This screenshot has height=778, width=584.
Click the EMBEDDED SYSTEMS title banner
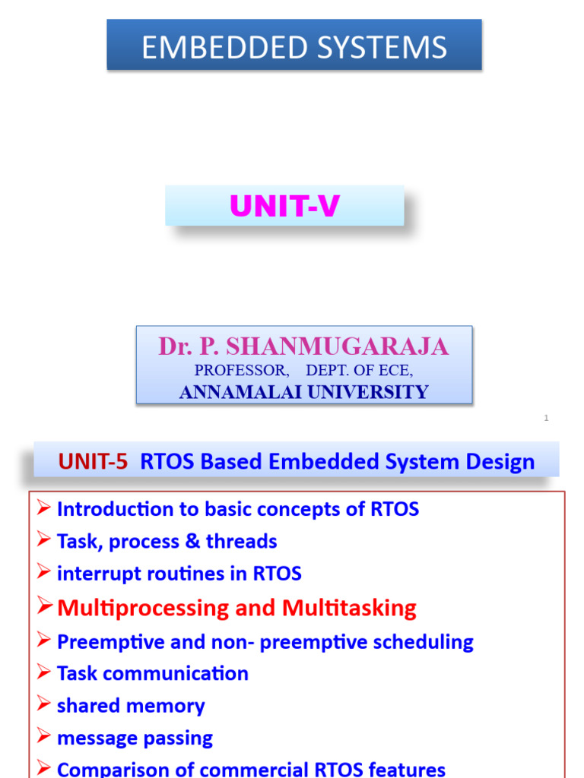pyautogui.click(x=294, y=47)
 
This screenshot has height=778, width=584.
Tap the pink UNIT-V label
pyautogui.click(x=284, y=207)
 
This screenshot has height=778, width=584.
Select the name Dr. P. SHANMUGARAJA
pyautogui.click(x=303, y=347)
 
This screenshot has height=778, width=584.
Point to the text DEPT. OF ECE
pyautogui.click(x=360, y=371)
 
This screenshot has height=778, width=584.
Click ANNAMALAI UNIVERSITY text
pyautogui.click(x=303, y=392)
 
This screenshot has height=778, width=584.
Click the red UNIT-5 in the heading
pyautogui.click(x=93, y=461)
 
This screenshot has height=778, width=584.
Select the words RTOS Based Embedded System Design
pyautogui.click(x=337, y=461)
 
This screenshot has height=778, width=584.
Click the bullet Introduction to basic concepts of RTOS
pyautogui.click(x=237, y=509)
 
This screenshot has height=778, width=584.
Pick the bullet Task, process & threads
pyautogui.click(x=167, y=542)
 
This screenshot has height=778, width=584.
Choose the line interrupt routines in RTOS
pyautogui.click(x=179, y=574)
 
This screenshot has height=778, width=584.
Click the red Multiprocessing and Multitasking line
pyautogui.click(x=236, y=608)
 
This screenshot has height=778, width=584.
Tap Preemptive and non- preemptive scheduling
pyautogui.click(x=265, y=642)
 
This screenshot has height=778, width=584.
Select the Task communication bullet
pyautogui.click(x=152, y=674)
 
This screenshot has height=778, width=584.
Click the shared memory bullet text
pyautogui.click(x=131, y=706)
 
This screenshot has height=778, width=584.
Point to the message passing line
pyautogui.click(x=135, y=738)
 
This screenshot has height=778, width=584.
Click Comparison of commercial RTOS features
pyautogui.click(x=251, y=769)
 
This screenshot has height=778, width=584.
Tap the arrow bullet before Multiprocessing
pyautogui.click(x=45, y=607)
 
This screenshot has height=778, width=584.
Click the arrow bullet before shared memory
pyautogui.click(x=45, y=704)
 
